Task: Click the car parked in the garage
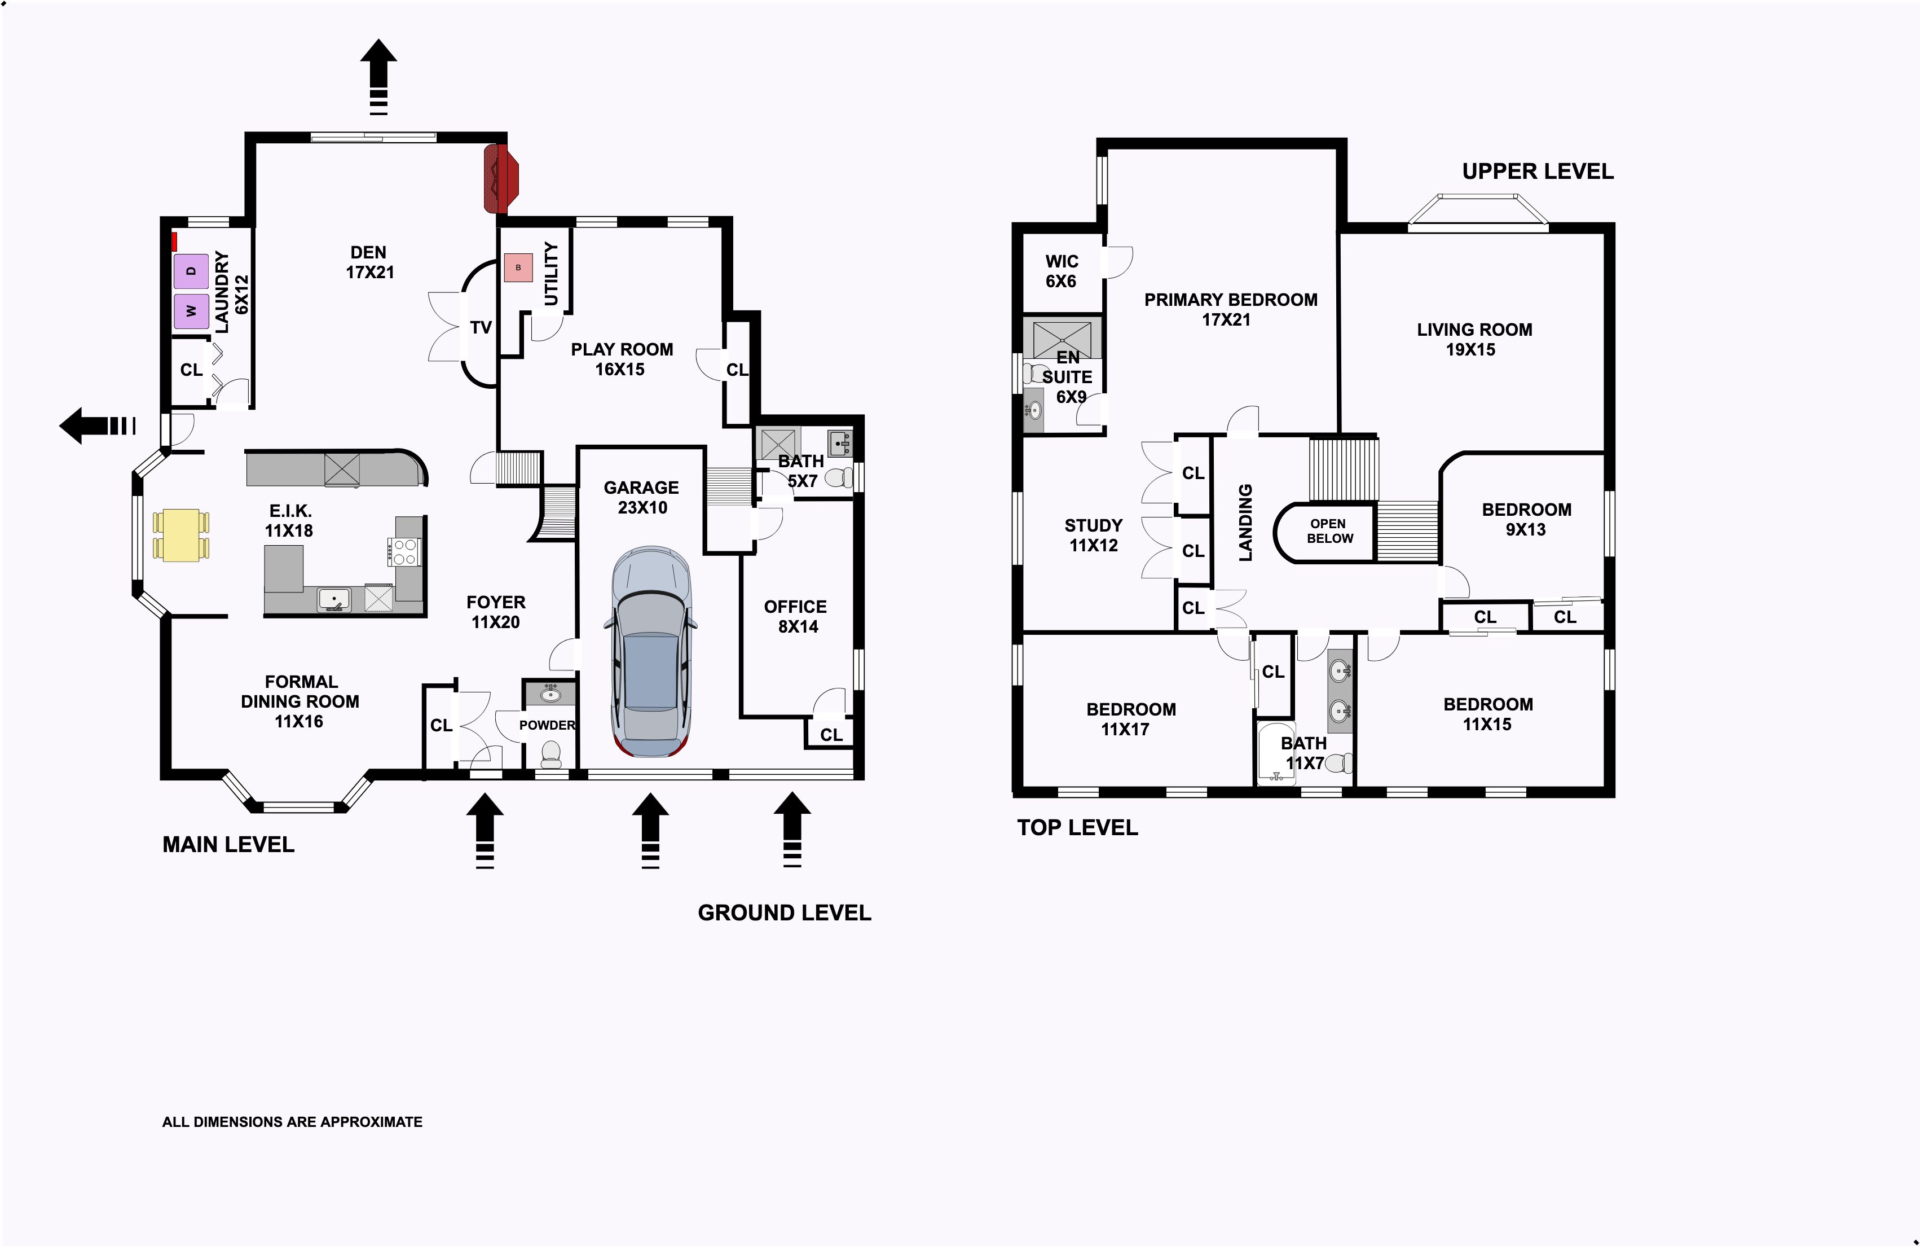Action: click(x=650, y=652)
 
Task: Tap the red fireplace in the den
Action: click(x=500, y=178)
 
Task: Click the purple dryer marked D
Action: click(x=191, y=270)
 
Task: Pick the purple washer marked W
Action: click(x=191, y=311)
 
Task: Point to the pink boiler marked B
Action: click(x=518, y=267)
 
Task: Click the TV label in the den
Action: click(x=481, y=328)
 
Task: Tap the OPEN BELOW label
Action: click(x=1329, y=531)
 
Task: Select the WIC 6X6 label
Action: click(x=1061, y=271)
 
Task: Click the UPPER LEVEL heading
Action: click(x=1538, y=171)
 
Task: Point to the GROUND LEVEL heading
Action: click(x=784, y=912)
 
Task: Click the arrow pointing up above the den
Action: click(x=378, y=77)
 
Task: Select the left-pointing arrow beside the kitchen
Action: click(x=98, y=425)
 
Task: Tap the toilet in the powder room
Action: click(x=551, y=754)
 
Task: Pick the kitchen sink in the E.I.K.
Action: click(x=334, y=599)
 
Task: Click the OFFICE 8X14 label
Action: click(x=795, y=617)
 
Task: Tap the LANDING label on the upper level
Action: click(x=1245, y=522)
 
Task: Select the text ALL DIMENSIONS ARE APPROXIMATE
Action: click(x=292, y=1122)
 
